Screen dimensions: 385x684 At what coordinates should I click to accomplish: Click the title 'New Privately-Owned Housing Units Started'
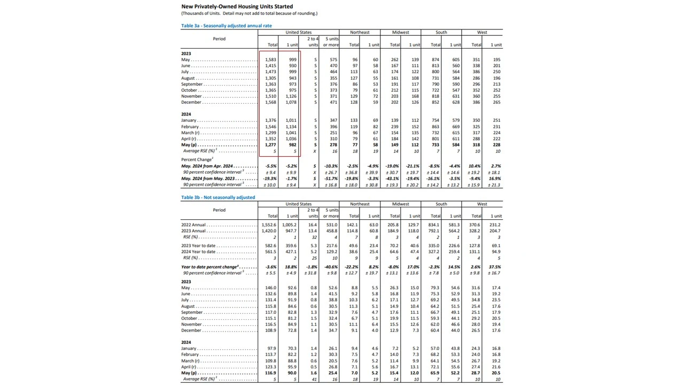237,6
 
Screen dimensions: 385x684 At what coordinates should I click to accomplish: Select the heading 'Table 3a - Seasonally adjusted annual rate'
227,26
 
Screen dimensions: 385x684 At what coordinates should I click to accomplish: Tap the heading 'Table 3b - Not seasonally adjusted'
218,197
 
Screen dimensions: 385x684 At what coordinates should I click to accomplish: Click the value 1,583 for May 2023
271,60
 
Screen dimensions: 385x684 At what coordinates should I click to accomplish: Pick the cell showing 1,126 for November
291,96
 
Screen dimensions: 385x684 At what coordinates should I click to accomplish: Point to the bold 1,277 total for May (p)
271,145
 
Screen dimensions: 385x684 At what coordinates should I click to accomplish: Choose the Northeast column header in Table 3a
360,33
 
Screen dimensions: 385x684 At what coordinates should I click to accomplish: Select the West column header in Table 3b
482,204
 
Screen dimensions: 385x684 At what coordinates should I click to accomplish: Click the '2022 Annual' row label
193,225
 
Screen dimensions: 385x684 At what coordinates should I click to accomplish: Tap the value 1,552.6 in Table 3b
269,225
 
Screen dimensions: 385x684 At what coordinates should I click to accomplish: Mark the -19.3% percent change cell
271,179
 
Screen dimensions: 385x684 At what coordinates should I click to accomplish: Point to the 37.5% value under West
495,267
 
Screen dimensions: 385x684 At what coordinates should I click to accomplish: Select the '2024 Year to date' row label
198,252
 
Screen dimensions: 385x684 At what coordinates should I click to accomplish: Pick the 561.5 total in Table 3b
270,252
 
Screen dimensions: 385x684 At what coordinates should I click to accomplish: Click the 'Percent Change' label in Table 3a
196,160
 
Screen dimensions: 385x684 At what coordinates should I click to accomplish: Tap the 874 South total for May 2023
436,60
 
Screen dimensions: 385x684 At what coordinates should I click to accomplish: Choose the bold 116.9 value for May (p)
270,373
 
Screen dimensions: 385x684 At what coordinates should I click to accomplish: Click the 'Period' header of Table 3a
219,39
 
